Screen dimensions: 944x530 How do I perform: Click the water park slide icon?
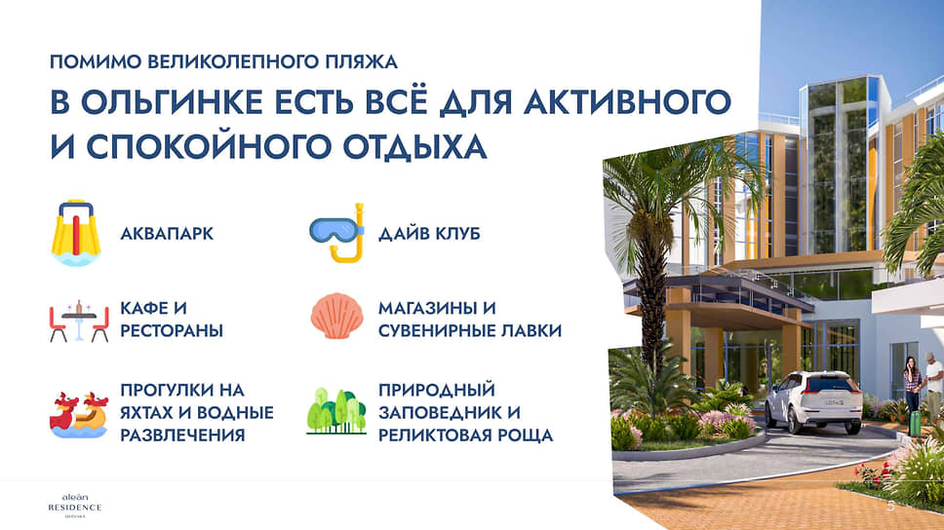pos(76,233)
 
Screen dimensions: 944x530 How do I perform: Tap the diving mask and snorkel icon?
pos(337,233)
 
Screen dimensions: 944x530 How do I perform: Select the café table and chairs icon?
pos(79,320)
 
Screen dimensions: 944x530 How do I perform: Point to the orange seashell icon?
pos(337,316)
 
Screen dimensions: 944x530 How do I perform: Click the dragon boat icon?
pos(79,414)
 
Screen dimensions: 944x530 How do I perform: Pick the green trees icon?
pos(336,411)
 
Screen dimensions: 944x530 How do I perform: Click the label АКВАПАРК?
pos(167,234)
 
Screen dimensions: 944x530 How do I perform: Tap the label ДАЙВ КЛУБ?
pos(429,234)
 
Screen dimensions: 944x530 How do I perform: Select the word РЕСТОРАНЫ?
pos(172,330)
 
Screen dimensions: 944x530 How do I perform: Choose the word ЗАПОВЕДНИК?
pos(438,413)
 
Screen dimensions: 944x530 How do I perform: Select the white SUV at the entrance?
pos(814,401)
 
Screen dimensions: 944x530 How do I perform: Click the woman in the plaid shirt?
pos(913,384)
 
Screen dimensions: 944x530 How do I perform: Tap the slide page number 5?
pos(891,507)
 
